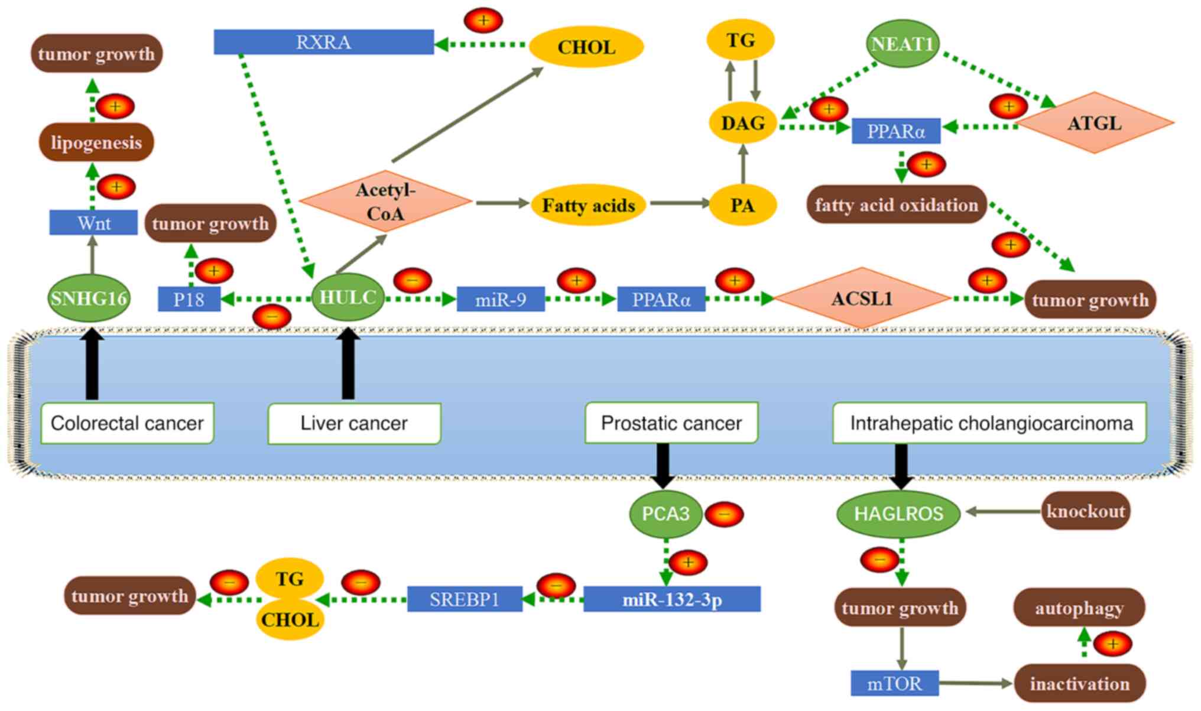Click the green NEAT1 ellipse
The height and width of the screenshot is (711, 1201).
[x=902, y=44]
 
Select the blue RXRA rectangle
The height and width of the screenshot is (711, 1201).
[x=323, y=42]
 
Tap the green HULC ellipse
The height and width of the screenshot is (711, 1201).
[x=348, y=297]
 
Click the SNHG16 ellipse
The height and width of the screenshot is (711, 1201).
[x=89, y=298]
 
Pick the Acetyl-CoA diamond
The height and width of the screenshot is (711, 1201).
[x=385, y=202]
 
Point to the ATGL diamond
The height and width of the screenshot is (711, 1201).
[x=1095, y=123]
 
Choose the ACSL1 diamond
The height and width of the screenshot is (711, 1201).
[x=862, y=298]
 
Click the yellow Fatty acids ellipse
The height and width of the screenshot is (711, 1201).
[x=589, y=205]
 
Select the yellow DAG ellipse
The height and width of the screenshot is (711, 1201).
[x=742, y=123]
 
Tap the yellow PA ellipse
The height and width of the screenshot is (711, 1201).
[x=742, y=205]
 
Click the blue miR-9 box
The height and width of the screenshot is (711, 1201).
[x=501, y=300]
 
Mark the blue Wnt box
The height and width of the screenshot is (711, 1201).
[x=93, y=223]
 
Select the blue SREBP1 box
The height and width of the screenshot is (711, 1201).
[x=465, y=599]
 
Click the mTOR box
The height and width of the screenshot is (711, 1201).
[x=894, y=683]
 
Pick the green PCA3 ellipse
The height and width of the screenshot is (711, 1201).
[x=666, y=514]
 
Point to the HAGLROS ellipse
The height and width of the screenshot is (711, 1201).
[x=898, y=514]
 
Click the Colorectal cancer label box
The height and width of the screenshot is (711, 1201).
[x=127, y=423]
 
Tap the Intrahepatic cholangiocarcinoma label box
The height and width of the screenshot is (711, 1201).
[x=990, y=423]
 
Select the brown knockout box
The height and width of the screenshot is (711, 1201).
[x=1086, y=511]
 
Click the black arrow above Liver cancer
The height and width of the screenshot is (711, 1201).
[x=348, y=365]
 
